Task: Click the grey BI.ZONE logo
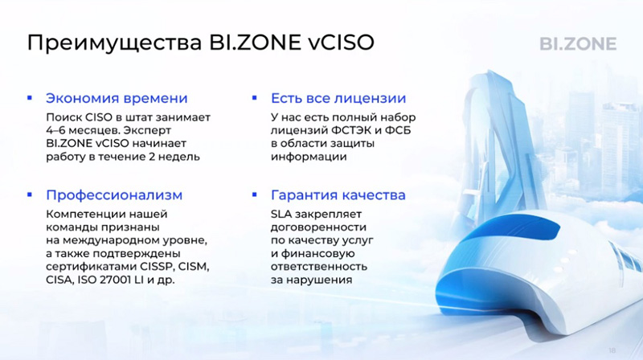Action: coord(578,44)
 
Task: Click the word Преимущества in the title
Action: coord(114,43)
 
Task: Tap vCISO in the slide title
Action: coord(341,43)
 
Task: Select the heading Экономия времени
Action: coord(117,98)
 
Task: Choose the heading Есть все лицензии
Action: coord(338,98)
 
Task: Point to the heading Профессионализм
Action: coord(114,195)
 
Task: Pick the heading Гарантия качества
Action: coord(338,195)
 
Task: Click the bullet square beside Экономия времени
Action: coord(30,98)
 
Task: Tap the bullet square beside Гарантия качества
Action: coord(254,194)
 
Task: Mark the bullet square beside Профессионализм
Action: coord(30,194)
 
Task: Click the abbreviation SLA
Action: coord(281,214)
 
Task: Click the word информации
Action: coord(309,157)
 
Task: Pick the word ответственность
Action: coord(318,267)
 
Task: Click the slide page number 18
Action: coord(612,350)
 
